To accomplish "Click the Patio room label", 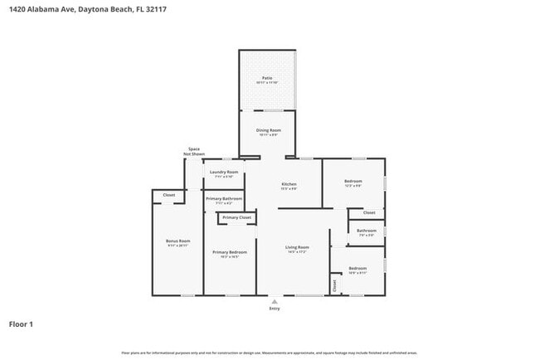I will tap(267, 78).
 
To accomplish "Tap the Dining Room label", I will tap(267, 130).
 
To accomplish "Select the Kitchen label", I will tap(289, 184).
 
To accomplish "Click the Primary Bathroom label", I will tap(224, 199).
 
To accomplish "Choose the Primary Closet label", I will tap(236, 217).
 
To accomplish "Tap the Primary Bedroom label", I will tap(229, 252).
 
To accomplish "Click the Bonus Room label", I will tap(177, 241).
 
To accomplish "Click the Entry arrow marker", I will tap(274, 300).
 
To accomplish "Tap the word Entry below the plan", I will tap(274, 309).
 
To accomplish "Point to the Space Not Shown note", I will tap(193, 151).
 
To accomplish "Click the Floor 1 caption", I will tap(21, 324).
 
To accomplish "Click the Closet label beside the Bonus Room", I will tap(168, 196).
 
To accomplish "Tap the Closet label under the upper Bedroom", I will tap(369, 212).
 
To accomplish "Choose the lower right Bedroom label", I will tap(357, 269).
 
